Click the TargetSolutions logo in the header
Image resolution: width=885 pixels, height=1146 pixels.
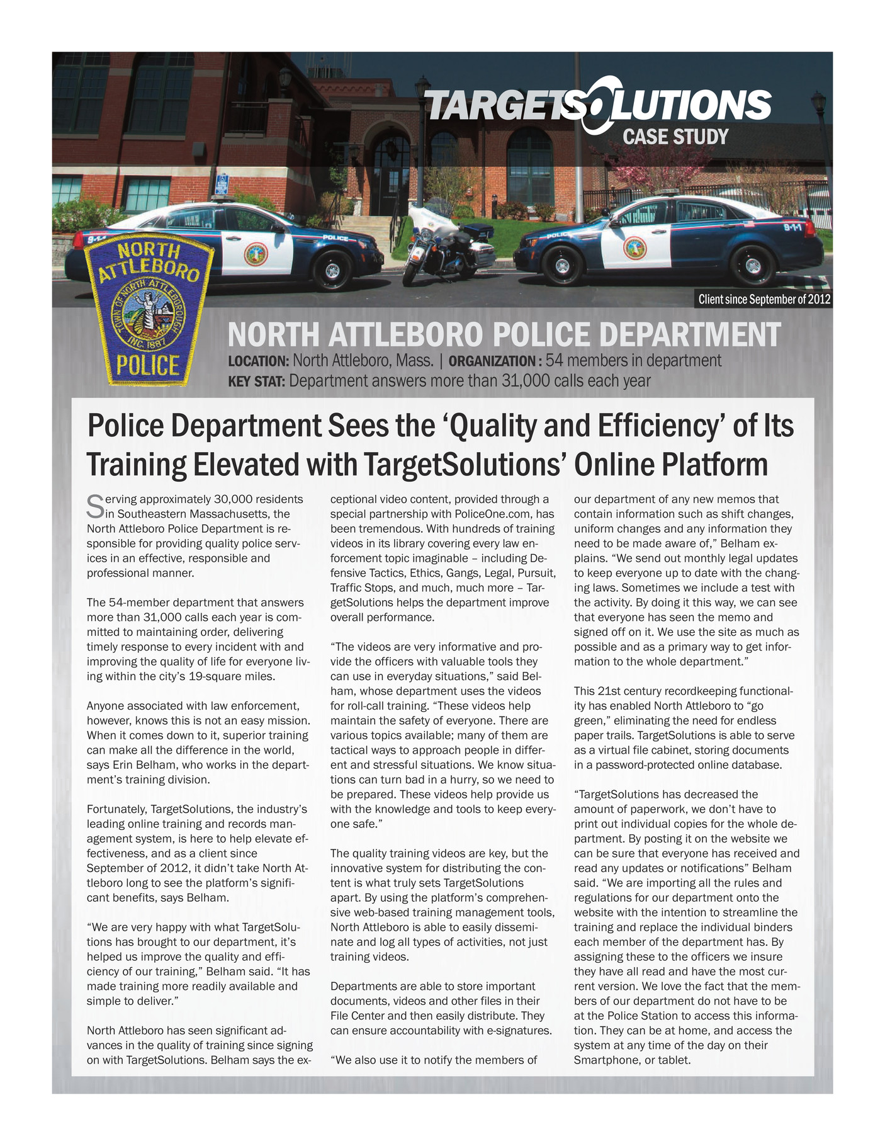click(x=598, y=105)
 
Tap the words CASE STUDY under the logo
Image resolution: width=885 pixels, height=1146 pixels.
click(x=675, y=137)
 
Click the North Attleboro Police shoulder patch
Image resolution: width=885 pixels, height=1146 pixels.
click(x=149, y=313)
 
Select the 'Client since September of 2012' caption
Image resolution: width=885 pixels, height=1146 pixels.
click(x=764, y=299)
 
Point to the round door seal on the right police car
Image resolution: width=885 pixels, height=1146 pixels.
click(x=634, y=248)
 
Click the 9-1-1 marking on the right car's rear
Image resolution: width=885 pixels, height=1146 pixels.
click(x=792, y=227)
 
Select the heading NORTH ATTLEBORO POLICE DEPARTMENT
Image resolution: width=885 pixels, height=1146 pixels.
click(x=504, y=335)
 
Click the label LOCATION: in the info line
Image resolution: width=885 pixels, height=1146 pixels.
click(x=258, y=361)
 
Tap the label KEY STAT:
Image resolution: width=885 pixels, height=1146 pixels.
click(x=256, y=382)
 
